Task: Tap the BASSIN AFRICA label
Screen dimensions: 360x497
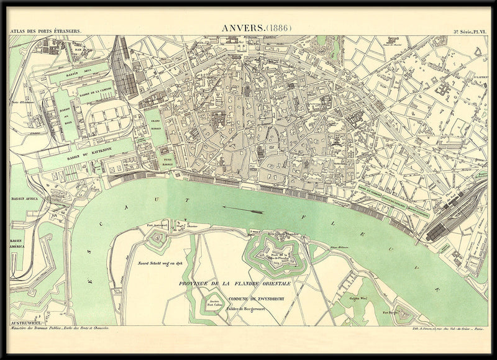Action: (x=25, y=199)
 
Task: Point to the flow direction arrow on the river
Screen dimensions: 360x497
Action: (x=242, y=210)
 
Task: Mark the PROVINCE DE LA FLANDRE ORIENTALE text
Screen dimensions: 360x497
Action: (x=235, y=283)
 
